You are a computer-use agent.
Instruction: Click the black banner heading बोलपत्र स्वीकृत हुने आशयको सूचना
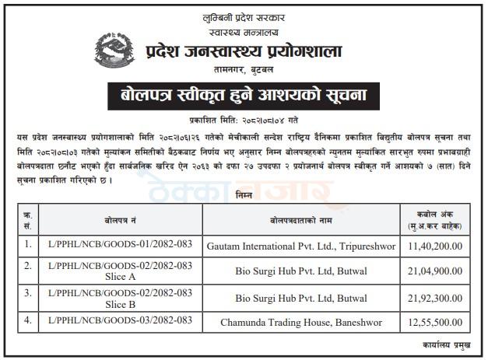pyautogui.click(x=244, y=96)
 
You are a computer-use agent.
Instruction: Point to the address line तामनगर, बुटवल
pyautogui.click(x=244, y=68)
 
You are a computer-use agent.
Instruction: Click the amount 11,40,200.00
pyautogui.click(x=431, y=246)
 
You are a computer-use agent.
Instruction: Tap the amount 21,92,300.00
pyautogui.click(x=431, y=296)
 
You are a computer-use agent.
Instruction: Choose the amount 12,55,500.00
pyautogui.click(x=431, y=320)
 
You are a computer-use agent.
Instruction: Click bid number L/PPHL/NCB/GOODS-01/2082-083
pyautogui.click(x=120, y=246)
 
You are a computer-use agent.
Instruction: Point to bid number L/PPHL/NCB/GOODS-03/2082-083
pyautogui.click(x=120, y=320)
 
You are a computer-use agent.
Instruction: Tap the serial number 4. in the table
pyautogui.click(x=30, y=320)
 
